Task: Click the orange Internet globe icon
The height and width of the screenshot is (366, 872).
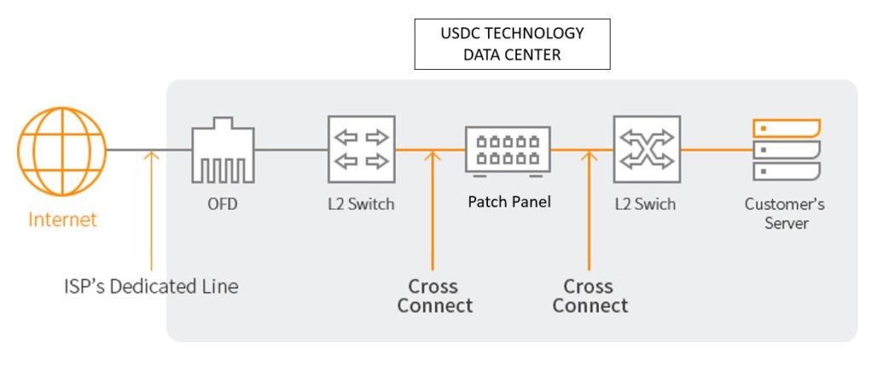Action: point(61,151)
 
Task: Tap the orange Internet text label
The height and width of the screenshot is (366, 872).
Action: point(63,220)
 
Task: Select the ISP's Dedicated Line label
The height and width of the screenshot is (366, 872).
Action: point(152,286)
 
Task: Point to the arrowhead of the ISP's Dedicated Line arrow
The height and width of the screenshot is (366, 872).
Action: point(152,156)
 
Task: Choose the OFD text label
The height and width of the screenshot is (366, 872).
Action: point(222,204)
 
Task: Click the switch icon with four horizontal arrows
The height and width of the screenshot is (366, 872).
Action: point(361,149)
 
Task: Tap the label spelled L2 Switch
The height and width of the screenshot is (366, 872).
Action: point(361,204)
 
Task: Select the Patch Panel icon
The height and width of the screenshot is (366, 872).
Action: point(508,152)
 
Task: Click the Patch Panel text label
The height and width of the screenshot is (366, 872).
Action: point(508,203)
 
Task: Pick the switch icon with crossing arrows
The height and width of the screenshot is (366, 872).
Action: point(646,149)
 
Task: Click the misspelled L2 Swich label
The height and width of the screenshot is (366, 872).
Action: point(645,204)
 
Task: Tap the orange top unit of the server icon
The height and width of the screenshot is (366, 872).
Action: point(786,129)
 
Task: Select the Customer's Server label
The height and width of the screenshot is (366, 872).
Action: point(784,213)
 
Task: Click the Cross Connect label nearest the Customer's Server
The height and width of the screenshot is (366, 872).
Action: point(590,295)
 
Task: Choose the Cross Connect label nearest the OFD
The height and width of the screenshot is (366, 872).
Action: point(434,295)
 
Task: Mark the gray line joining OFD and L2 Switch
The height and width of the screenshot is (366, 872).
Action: point(290,151)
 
